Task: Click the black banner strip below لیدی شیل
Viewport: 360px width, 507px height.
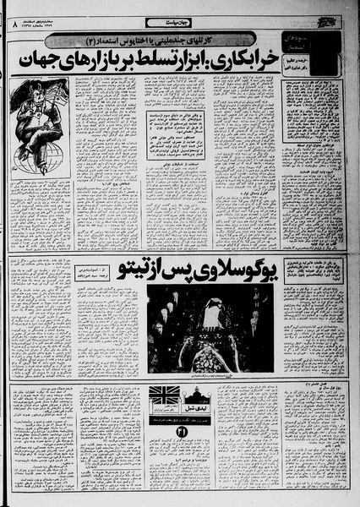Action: [179, 419]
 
